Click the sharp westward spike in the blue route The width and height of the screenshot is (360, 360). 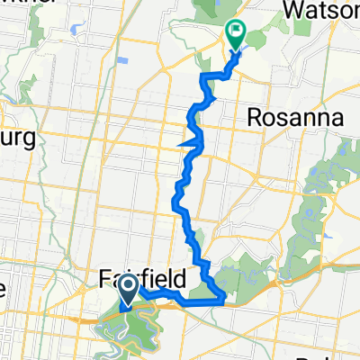184,141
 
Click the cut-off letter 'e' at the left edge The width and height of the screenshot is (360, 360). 4,288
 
